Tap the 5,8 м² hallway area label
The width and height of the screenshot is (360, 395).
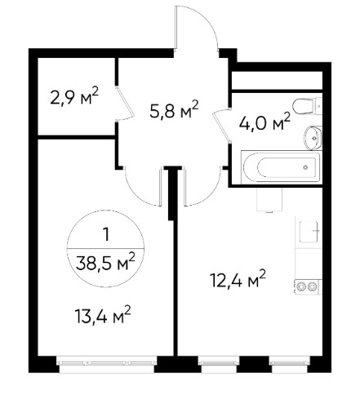pos(175,109)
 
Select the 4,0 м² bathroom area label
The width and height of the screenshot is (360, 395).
pos(264,122)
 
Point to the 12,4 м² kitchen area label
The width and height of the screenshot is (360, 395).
pos(238,279)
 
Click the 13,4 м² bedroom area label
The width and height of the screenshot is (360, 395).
pos(103,316)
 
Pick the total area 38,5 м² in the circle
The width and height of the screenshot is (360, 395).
pos(105,263)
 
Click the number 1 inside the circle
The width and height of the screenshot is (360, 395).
pos(106,234)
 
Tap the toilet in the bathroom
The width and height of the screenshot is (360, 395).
pos(308,106)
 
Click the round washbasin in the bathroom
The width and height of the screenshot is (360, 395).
pos(313,138)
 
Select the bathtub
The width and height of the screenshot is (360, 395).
pos(281,167)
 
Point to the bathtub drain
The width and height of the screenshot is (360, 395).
pos(306,167)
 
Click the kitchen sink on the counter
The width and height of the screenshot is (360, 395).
pos(309,232)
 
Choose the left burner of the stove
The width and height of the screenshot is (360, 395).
pos(301,286)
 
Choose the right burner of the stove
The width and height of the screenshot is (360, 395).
pos(312,286)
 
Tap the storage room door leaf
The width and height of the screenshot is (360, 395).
pos(125,104)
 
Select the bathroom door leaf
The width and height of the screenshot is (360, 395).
pos(222,126)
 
